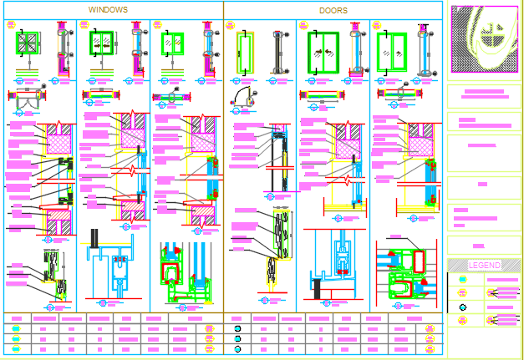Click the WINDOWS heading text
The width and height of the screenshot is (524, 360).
tap(108, 10)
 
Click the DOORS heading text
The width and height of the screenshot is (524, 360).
tap(333, 11)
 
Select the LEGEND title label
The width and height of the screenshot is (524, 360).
tap(484, 266)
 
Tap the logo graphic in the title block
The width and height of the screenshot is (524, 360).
tap(486, 40)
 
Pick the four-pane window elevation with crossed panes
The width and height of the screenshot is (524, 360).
tap(27, 43)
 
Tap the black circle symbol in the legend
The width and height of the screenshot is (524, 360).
tap(463, 308)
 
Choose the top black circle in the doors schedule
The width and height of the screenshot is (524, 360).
tap(238, 328)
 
